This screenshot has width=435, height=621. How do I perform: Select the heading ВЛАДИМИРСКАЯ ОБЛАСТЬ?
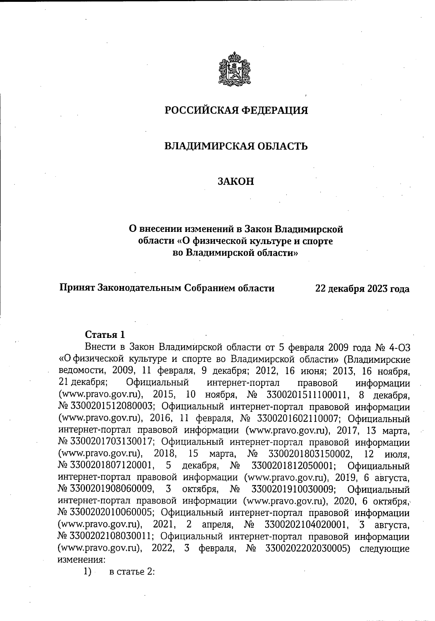click(236, 146)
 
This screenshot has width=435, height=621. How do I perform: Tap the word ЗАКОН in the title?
click(236, 181)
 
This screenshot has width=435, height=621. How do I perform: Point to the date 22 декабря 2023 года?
click(362, 289)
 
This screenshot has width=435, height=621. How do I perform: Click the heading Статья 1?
click(105, 334)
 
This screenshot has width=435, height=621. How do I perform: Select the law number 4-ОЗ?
click(399, 347)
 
